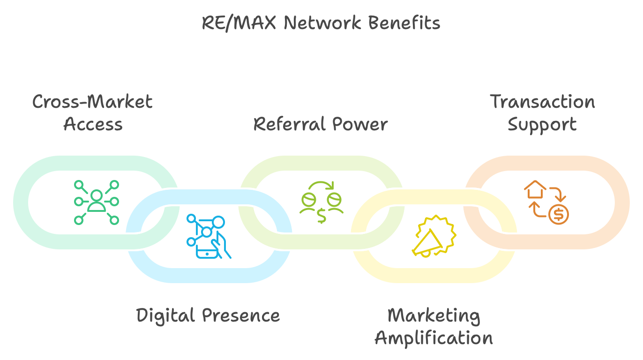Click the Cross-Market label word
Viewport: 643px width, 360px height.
point(92,102)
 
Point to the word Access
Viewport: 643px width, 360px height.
point(93,124)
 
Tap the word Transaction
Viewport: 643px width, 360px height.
point(542,102)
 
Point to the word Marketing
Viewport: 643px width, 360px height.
point(434,315)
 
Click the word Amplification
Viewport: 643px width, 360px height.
point(434,338)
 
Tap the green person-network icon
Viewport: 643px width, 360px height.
point(97,202)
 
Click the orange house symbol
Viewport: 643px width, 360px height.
point(535,190)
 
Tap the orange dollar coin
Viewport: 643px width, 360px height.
point(558,214)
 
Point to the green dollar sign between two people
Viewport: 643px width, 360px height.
point(321,215)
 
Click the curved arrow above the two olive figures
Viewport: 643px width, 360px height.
point(321,186)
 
